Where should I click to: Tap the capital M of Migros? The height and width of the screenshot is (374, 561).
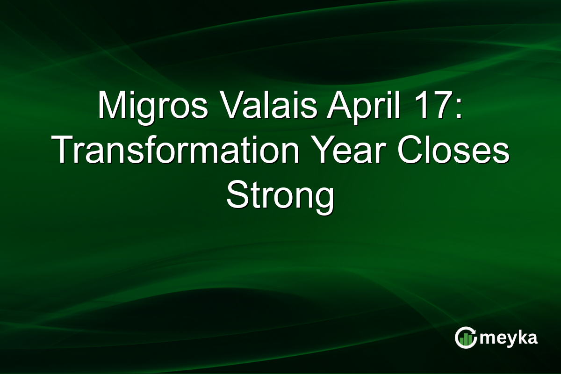[111, 106]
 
